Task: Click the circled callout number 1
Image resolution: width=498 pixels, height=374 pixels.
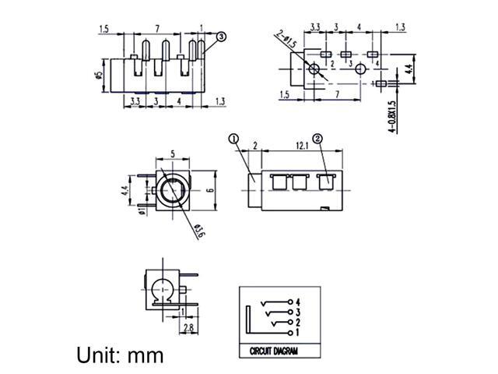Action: click(x=232, y=139)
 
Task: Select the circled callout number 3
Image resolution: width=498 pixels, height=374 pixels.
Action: click(x=221, y=36)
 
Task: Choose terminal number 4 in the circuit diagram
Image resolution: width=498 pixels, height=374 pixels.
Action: click(x=299, y=300)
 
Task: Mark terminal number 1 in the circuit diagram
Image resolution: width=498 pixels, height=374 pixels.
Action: click(x=299, y=333)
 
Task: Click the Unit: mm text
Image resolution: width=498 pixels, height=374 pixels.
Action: click(x=121, y=355)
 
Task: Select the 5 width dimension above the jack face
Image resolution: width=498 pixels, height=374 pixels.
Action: click(x=171, y=154)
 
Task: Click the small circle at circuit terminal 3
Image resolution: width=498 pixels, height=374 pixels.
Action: click(x=291, y=311)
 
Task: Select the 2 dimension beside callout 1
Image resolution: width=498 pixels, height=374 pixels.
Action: click(x=254, y=145)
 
